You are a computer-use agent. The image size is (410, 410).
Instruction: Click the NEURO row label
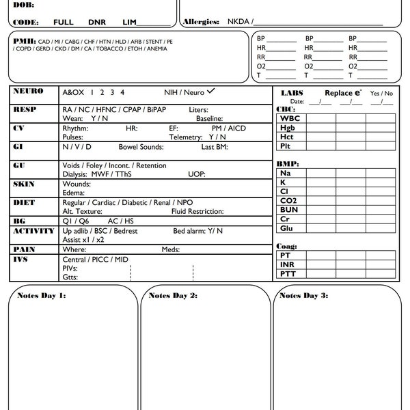pos(29,91)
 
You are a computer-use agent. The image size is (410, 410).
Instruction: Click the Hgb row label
pos(288,128)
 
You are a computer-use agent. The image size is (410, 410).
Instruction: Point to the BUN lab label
pos(288,210)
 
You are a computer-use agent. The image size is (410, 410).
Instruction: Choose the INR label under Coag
pos(287,264)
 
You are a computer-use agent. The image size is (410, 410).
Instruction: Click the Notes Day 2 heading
pos(173,295)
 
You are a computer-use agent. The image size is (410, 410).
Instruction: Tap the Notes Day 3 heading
pos(303,295)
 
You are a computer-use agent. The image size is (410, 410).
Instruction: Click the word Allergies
pos(201,22)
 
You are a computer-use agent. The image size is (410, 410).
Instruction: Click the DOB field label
pos(22,4)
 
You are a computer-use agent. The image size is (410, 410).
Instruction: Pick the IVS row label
pos(22,260)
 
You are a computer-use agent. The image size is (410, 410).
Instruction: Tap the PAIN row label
pos(24,249)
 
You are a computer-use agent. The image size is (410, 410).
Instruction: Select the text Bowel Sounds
pos(141,147)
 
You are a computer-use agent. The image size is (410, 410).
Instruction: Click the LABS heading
pos(292,92)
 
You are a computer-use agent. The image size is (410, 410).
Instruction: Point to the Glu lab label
pos(288,228)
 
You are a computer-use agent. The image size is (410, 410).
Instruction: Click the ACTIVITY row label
pos(33,231)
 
